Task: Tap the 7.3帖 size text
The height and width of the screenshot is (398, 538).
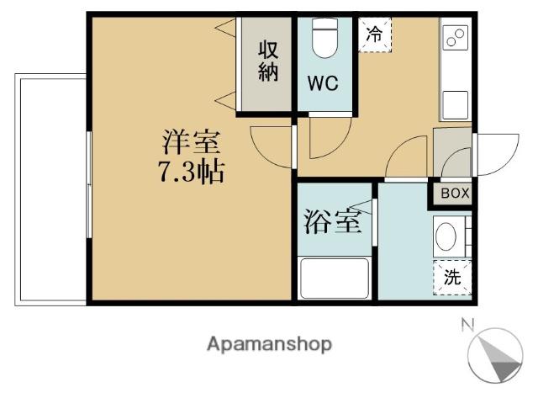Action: coord(190,172)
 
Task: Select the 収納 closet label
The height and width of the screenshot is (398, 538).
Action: coord(267,61)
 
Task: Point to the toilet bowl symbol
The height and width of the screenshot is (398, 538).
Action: coord(324,38)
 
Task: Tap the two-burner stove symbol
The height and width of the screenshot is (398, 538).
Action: coord(456,39)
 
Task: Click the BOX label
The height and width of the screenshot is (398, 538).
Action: coord(455,194)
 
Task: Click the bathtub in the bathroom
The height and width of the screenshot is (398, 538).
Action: coord(335,279)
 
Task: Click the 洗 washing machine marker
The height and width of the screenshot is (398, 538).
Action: coord(452,277)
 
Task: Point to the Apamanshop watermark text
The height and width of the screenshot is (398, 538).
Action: coord(270,344)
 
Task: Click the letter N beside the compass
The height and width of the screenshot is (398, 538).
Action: coord(468,324)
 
